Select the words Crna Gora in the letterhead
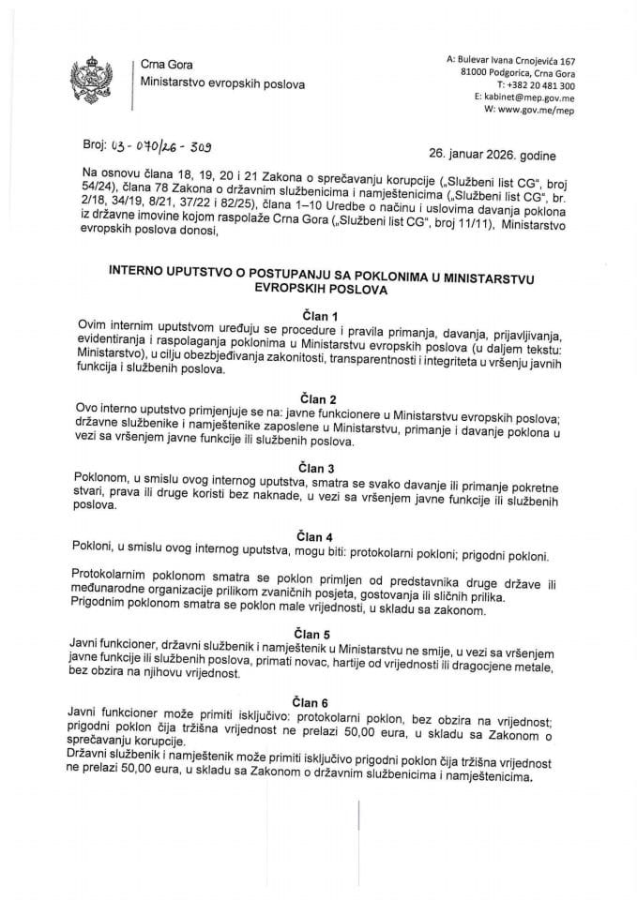[x=164, y=63]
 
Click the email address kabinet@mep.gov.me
[x=523, y=96]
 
